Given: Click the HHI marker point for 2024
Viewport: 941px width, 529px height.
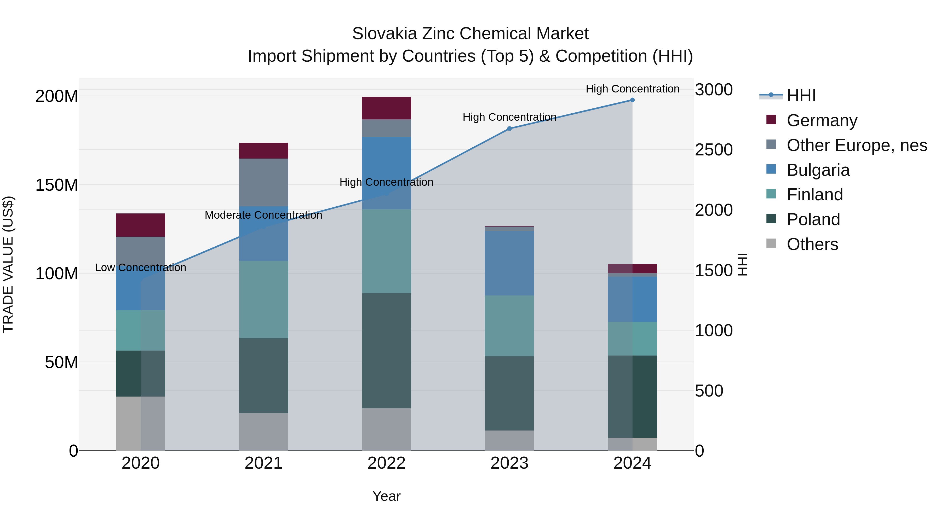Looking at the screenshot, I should (632, 100).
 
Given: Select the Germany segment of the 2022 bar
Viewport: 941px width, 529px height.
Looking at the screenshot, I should (387, 108).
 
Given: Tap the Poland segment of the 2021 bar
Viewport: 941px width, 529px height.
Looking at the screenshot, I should (263, 376).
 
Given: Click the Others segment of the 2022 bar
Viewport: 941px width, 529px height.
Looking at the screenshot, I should (387, 429).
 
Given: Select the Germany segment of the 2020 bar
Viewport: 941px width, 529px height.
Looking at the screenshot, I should (141, 225).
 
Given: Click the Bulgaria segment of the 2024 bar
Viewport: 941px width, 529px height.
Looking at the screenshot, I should (632, 299).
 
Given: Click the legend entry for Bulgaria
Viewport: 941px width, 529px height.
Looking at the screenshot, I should (818, 170).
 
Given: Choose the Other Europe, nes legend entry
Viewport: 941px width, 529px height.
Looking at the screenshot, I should (857, 145).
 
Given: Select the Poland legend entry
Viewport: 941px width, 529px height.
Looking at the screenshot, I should (813, 219).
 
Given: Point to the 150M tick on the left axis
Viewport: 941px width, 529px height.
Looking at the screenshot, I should (57, 185).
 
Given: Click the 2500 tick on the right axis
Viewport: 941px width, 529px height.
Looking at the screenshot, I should (713, 150).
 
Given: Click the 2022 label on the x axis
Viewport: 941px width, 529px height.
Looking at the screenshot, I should (387, 463).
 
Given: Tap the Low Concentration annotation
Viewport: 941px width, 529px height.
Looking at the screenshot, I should (141, 268).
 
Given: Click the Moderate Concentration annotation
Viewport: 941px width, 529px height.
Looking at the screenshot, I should (263, 215).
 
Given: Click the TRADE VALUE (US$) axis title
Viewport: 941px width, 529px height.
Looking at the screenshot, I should (8, 264).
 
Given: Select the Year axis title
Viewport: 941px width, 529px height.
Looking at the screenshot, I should (387, 496).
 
